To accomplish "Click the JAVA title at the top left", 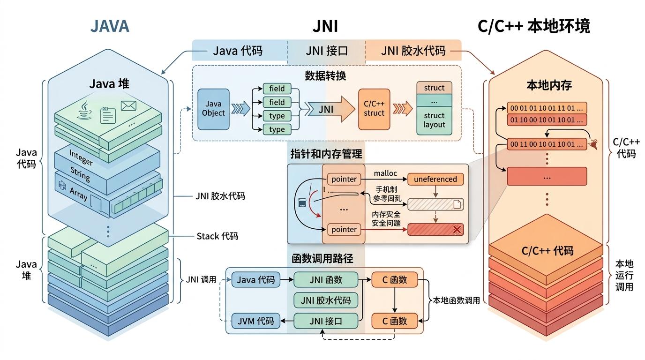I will coord(109,26).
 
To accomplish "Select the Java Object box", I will coord(213,109).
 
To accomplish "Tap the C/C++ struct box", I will coord(374,109).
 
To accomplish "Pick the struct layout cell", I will coord(434,120).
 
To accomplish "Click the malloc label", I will coord(385,173).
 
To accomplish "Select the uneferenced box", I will coord(435,179).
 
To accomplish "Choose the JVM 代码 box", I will coord(255,321).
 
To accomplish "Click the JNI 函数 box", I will coord(326,280).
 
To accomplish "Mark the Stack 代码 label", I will coord(217,236).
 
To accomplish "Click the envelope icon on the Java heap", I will coord(128,106).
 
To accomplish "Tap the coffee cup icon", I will coord(85,109).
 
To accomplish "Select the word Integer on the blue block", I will coord(81,157).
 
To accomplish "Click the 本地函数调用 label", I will coord(456,300).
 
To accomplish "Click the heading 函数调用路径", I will coord(322,258).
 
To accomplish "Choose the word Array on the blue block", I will coord(78,193).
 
